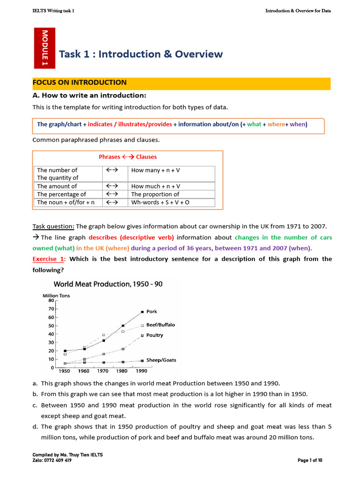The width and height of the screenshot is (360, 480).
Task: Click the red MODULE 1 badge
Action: coord(45,48)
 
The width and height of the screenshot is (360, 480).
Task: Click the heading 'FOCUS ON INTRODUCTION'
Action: coord(79,82)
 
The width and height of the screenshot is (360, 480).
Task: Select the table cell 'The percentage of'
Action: coord(61,194)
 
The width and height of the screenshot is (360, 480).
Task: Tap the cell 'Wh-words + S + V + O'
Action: coord(160,202)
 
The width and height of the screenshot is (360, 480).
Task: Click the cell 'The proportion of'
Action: coord(155,194)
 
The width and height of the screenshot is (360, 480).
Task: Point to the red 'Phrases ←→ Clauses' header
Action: coord(127,157)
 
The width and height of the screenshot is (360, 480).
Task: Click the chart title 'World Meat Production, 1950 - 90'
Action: coord(108,284)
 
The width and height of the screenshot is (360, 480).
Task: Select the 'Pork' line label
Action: coord(151,311)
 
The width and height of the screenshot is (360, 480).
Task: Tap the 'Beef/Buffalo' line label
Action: coord(160,325)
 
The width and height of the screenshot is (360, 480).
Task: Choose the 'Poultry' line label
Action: coord(155,335)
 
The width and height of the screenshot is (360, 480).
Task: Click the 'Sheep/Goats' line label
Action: coord(161,360)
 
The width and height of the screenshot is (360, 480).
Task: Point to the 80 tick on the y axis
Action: coord(51,300)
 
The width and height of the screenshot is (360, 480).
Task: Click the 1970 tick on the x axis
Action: coord(103,371)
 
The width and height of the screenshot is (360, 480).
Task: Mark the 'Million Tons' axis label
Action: coord(57,295)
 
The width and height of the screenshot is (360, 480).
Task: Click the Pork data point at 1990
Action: coord(142,312)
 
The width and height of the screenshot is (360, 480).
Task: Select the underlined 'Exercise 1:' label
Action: coord(49,259)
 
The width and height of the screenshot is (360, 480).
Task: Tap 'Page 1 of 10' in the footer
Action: coord(310,460)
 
